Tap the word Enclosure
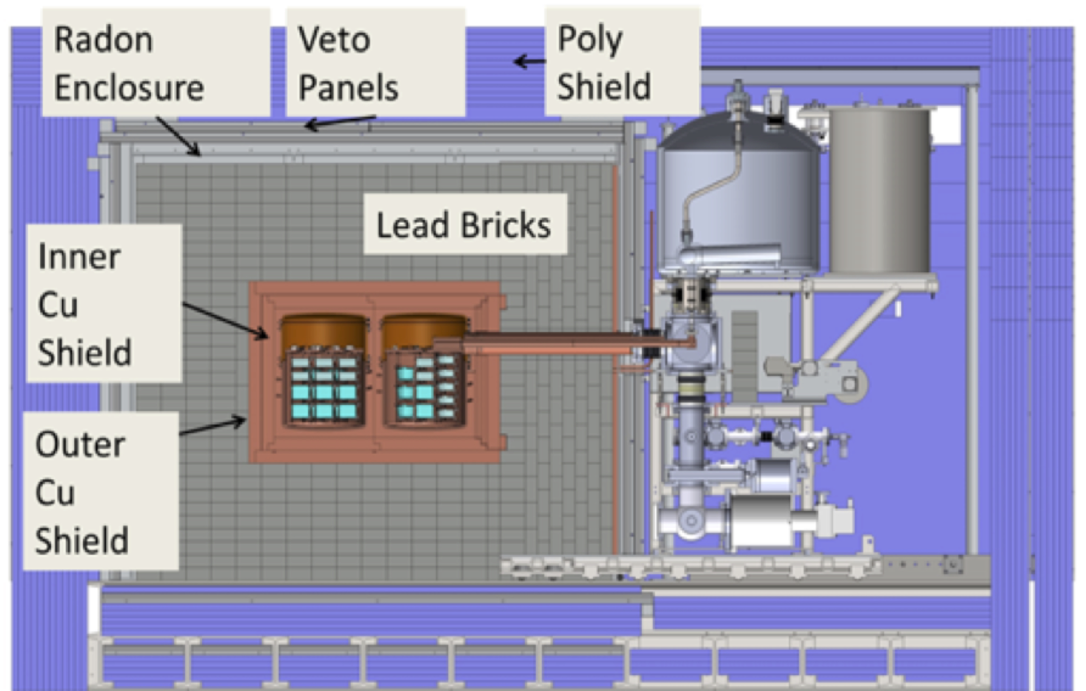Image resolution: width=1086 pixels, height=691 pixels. (129, 88)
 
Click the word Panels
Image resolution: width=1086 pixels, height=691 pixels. (348, 88)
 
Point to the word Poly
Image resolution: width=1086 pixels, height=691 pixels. (590, 40)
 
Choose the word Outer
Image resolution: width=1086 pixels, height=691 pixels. (80, 445)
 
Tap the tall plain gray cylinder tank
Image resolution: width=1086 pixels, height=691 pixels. (879, 189)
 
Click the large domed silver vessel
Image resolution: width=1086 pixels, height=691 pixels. (740, 203)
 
